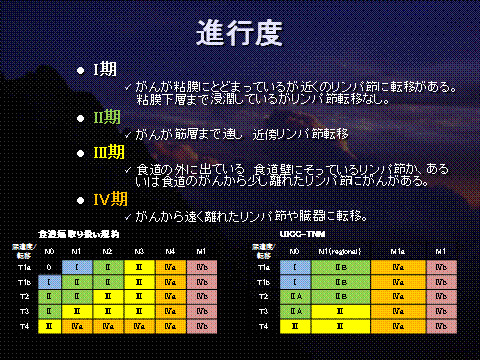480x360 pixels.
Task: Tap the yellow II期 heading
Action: (106, 117)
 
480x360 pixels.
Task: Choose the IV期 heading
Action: (109, 198)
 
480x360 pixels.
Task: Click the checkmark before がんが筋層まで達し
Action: (128, 133)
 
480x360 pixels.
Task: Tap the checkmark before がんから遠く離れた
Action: (128, 215)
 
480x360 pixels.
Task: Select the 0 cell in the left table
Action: (48, 268)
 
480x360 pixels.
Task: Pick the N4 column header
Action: (170, 250)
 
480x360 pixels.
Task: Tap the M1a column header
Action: (398, 250)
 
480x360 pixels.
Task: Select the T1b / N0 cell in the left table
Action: (48, 283)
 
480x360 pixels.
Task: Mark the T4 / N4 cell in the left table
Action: (170, 327)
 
